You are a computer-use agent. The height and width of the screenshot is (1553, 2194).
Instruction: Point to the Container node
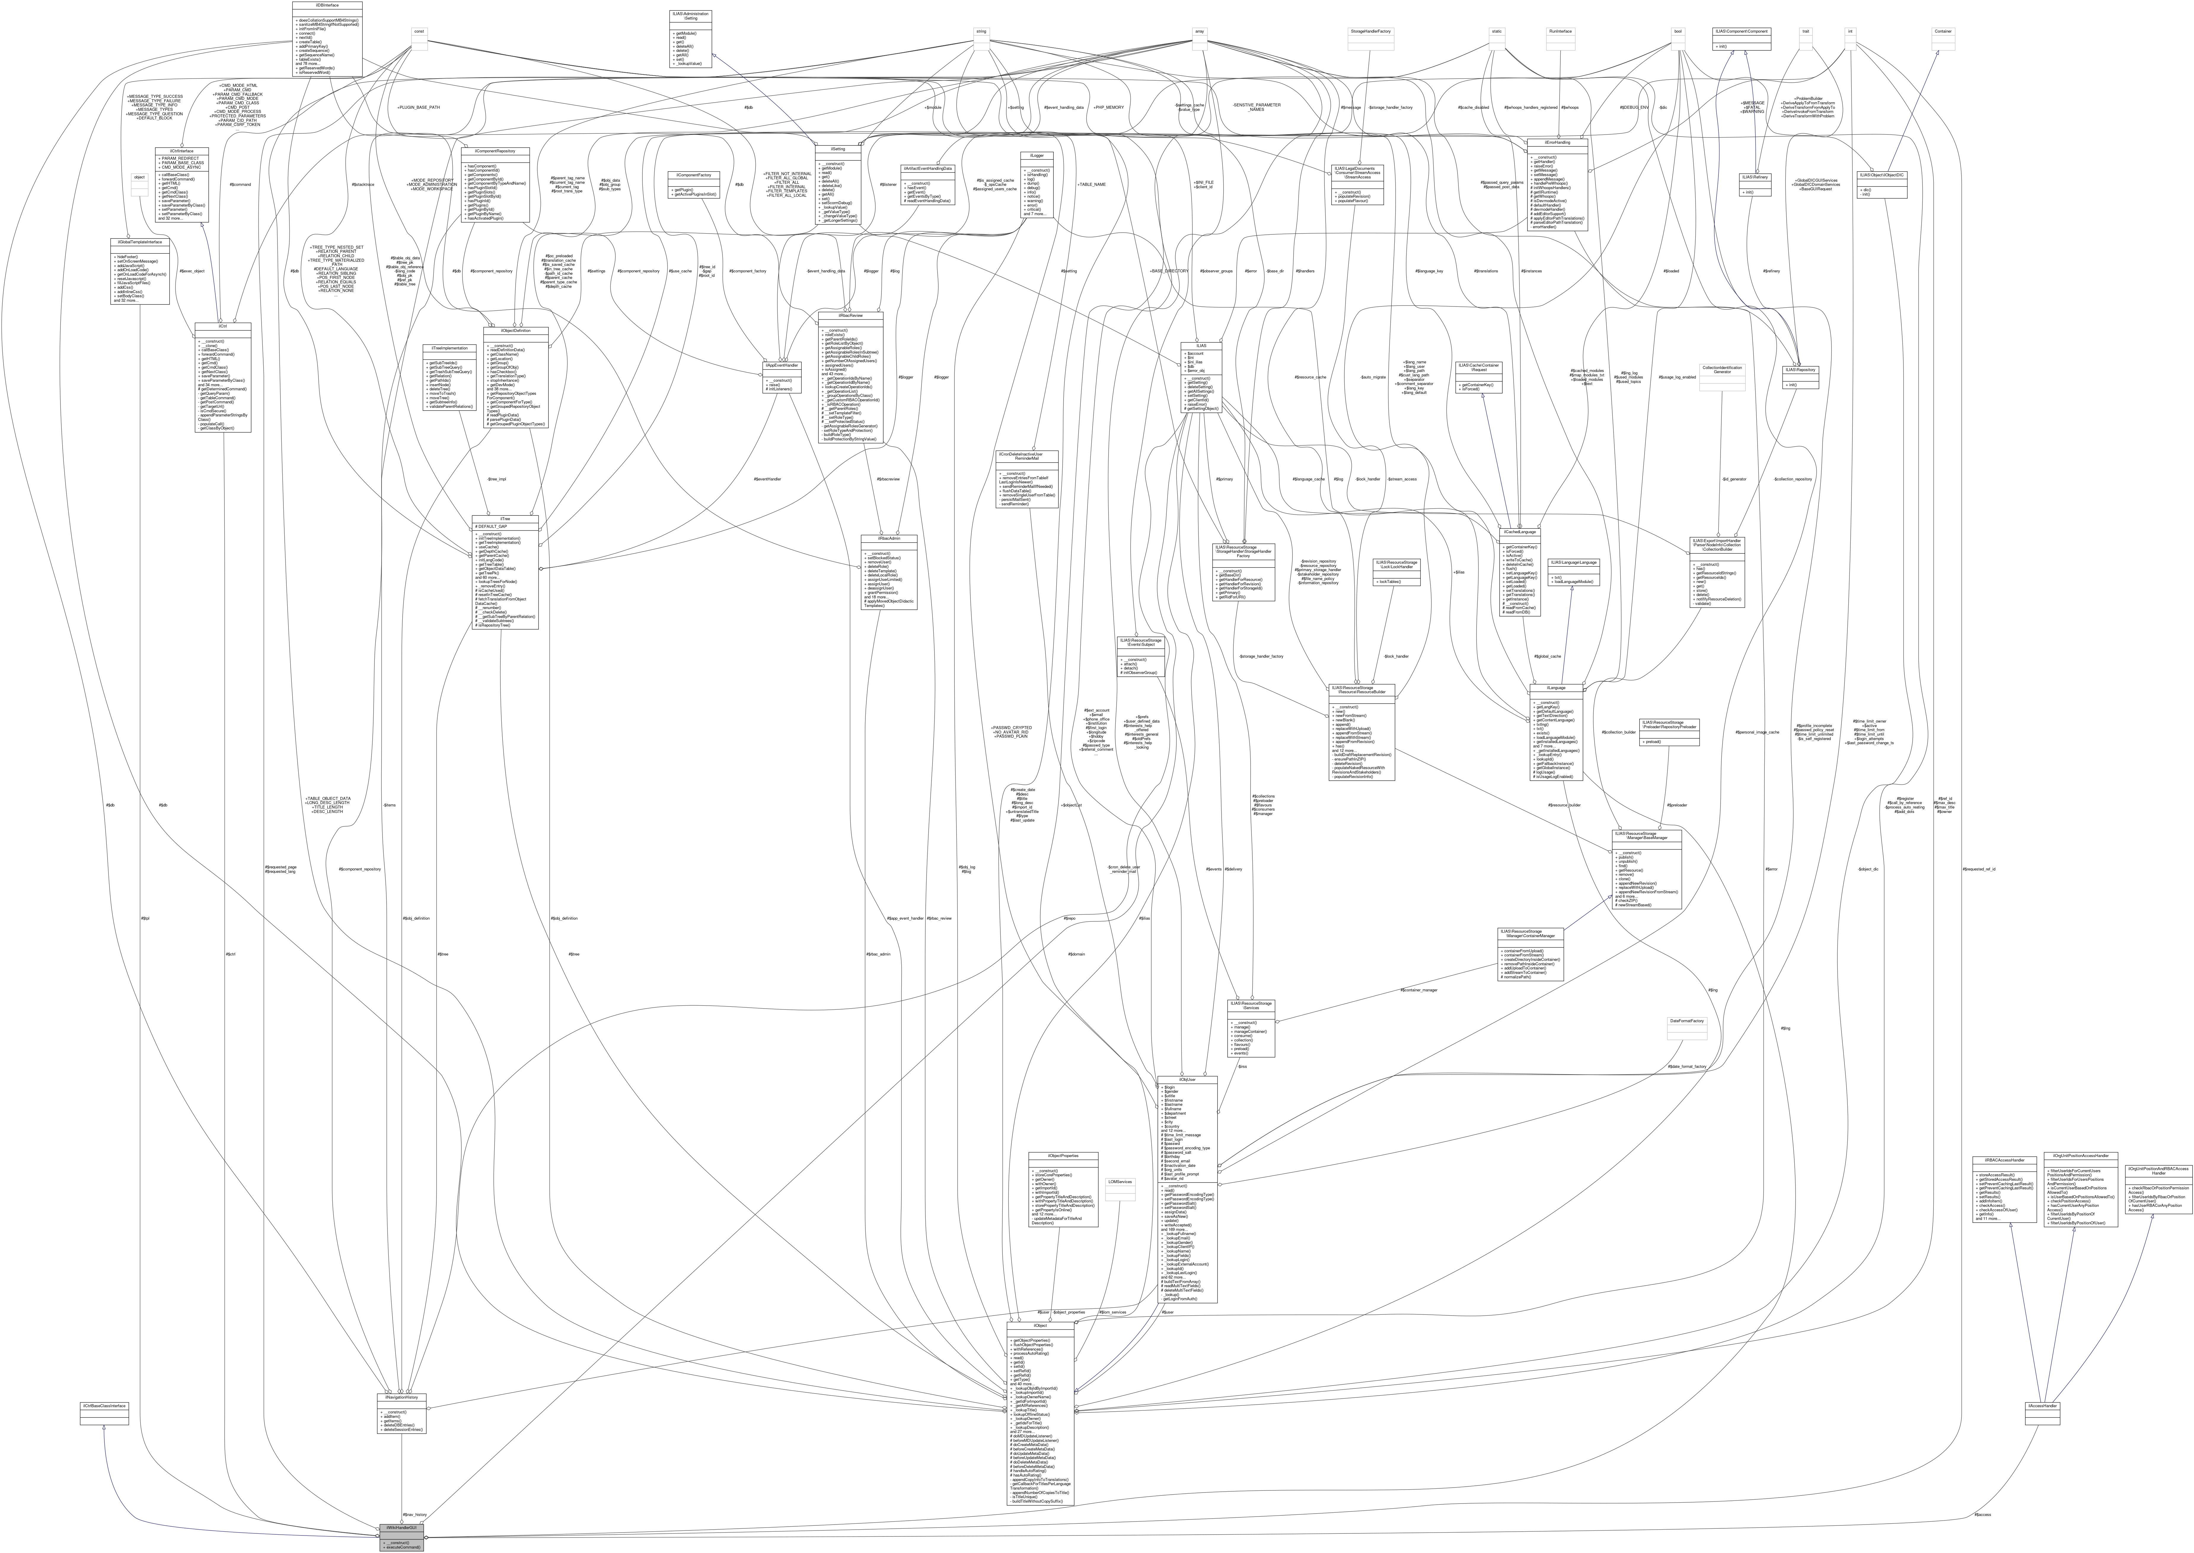click(x=1943, y=31)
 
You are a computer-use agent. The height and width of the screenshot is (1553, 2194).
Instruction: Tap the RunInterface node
click(x=1560, y=31)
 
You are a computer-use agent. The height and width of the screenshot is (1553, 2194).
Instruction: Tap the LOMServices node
click(x=1120, y=1181)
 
